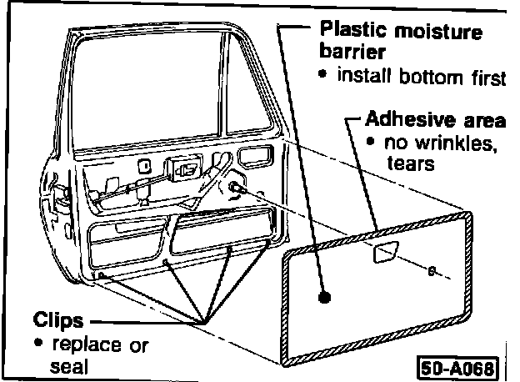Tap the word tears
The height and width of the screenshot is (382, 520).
coord(411,163)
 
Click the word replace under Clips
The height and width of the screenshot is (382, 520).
coord(78,344)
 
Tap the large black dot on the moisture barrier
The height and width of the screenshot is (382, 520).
coord(326,296)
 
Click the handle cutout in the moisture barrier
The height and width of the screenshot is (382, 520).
coord(386,254)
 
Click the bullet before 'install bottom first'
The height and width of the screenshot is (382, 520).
coord(324,76)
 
